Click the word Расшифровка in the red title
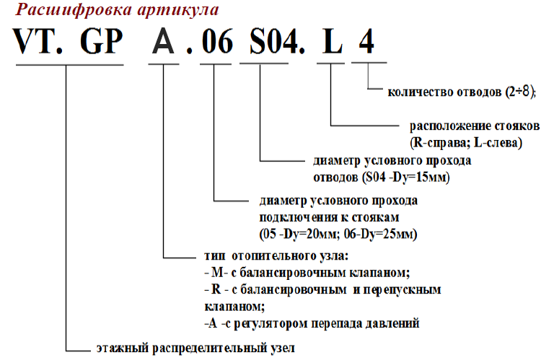(x=74, y=9)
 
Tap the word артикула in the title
(x=178, y=10)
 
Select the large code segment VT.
(x=38, y=41)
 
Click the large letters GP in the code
(x=102, y=41)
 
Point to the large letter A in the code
(x=163, y=41)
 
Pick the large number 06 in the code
(x=217, y=41)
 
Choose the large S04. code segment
(x=278, y=41)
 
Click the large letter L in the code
(x=333, y=41)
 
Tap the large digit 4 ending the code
(x=366, y=41)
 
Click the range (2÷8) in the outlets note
(x=521, y=92)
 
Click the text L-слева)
(x=498, y=143)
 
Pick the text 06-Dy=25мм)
(x=381, y=234)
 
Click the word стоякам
(x=375, y=217)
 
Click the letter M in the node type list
(x=217, y=273)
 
